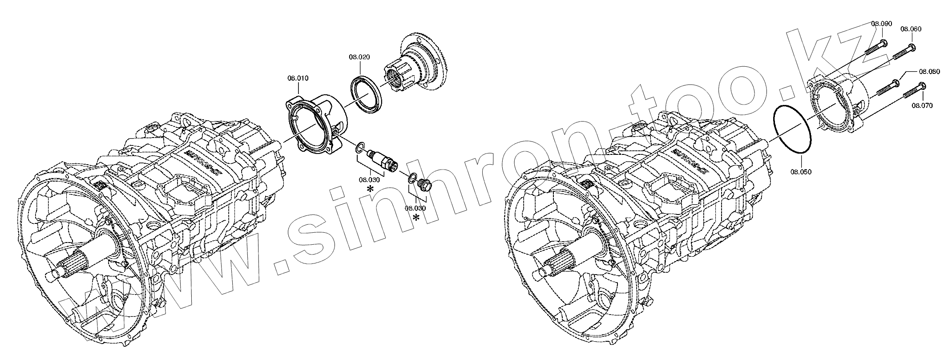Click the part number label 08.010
298,78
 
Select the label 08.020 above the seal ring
359,57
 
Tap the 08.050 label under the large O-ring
801,171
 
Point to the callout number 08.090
865,24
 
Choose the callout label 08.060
911,29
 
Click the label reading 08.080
929,71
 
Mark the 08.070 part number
922,105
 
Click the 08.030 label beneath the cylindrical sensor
369,180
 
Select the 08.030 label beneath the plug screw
415,208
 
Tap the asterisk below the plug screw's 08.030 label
416,218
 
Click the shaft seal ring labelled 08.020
367,94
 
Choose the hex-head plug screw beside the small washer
425,183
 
